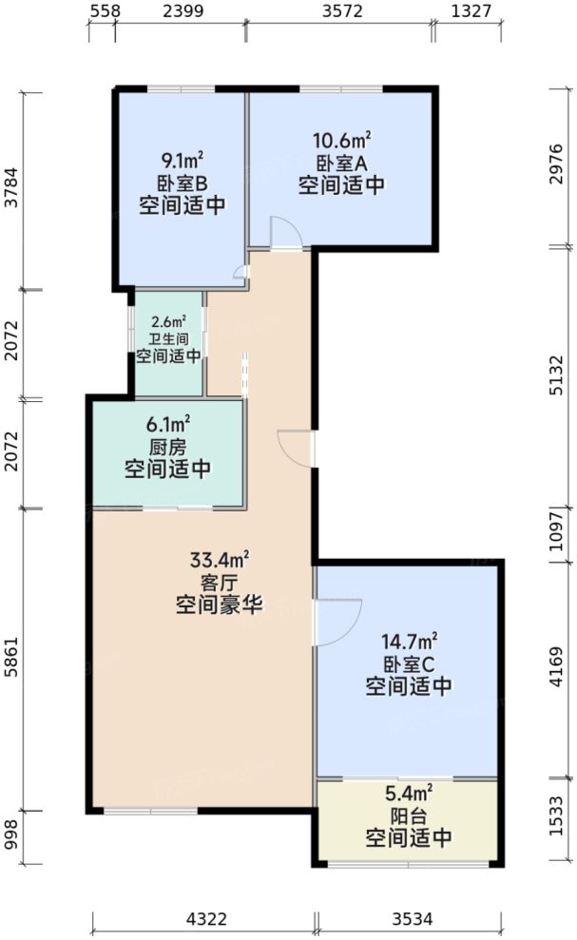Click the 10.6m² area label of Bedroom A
coord(341,142)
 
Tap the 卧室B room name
coord(182,183)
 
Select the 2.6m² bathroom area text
coord(169,321)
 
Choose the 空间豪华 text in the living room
coord(219,604)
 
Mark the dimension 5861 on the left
coord(11,660)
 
